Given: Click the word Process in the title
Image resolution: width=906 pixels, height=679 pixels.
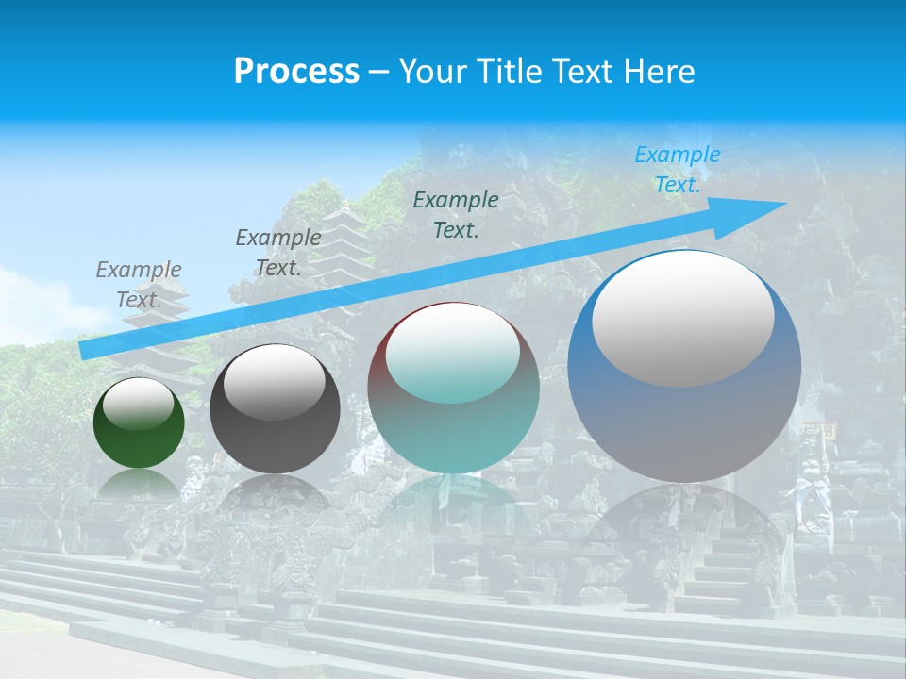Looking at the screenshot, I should point(296,72).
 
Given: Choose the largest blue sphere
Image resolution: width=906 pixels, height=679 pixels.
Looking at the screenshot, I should point(684,415).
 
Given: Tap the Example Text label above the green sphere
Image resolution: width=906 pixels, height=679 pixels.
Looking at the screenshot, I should point(138,284).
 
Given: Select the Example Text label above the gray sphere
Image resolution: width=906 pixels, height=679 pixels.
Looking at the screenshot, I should point(277,252).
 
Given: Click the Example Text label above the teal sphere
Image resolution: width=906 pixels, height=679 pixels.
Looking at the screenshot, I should point(456,214).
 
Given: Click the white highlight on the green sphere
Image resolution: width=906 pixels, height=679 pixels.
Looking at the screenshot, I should point(139,405).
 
